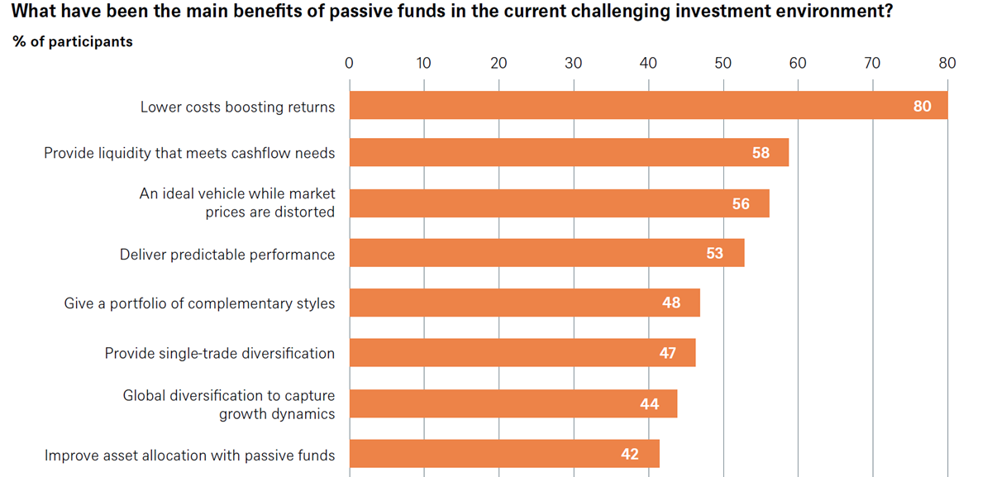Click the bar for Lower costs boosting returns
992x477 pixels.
coord(649,106)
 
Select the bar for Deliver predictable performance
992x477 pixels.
coord(547,253)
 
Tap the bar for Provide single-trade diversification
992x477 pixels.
coord(522,352)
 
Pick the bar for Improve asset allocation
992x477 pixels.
coord(504,454)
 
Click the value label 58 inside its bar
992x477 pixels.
coord(761,153)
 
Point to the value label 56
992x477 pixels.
coord(741,203)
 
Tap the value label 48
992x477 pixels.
coord(671,303)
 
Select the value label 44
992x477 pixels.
coord(650,404)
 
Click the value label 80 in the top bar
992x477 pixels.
coord(923,107)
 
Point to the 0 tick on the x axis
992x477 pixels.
coord(349,64)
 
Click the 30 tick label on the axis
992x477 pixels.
coord(574,64)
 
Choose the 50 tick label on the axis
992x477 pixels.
coord(723,64)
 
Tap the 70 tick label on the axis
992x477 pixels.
coord(872,64)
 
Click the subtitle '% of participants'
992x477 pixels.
coord(73,41)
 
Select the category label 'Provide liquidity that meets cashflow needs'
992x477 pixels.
coord(189,153)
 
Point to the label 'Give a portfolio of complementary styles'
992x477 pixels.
coord(200,303)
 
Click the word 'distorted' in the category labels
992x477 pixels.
coord(307,212)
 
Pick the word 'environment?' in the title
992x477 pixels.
coord(838,11)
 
